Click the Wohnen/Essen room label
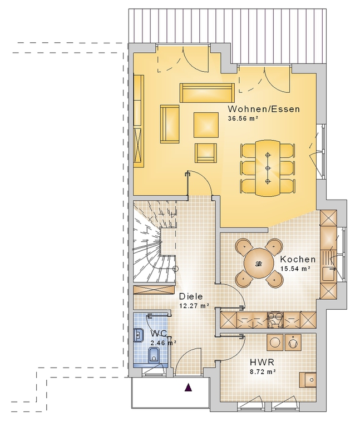264,109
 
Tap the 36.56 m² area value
243,118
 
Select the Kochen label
298,259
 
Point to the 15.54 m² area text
295,269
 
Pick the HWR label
262,362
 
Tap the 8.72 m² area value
263,371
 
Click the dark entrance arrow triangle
188,387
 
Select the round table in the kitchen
259,264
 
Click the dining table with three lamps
268,167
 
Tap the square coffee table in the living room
206,125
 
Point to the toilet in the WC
154,355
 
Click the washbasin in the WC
139,335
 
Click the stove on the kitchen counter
275,320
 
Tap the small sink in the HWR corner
308,380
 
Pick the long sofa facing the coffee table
207,93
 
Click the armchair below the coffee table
206,152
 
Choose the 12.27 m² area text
194,306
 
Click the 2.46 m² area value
163,343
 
